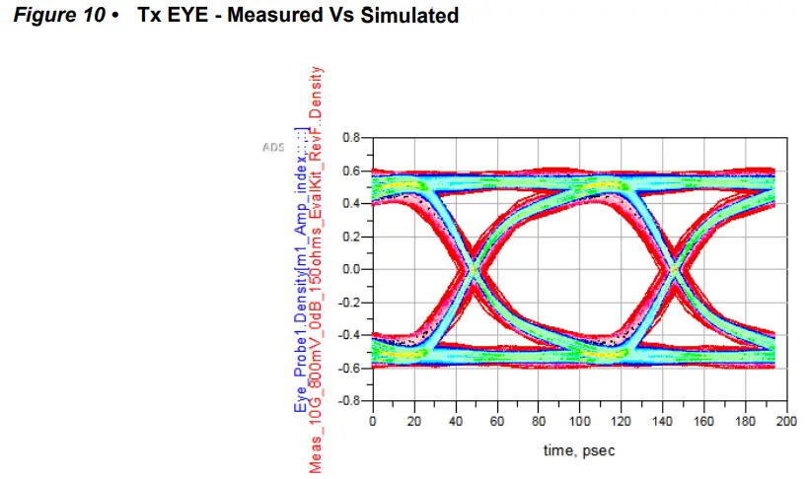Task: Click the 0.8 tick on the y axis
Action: click(350, 137)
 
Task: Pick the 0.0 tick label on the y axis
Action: click(350, 269)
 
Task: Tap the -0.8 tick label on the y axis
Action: click(348, 401)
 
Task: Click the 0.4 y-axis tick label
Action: click(350, 203)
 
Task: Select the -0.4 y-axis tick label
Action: click(348, 335)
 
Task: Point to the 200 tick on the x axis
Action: click(784, 422)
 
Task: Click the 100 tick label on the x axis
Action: click(578, 422)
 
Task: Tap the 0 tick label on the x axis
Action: click(372, 422)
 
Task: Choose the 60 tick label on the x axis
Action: click(496, 422)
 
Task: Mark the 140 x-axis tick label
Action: click(661, 422)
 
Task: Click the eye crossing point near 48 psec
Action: click(473, 268)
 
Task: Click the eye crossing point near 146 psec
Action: click(674, 268)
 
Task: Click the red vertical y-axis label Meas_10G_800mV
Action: click(317, 266)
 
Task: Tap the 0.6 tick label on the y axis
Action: click(350, 171)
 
